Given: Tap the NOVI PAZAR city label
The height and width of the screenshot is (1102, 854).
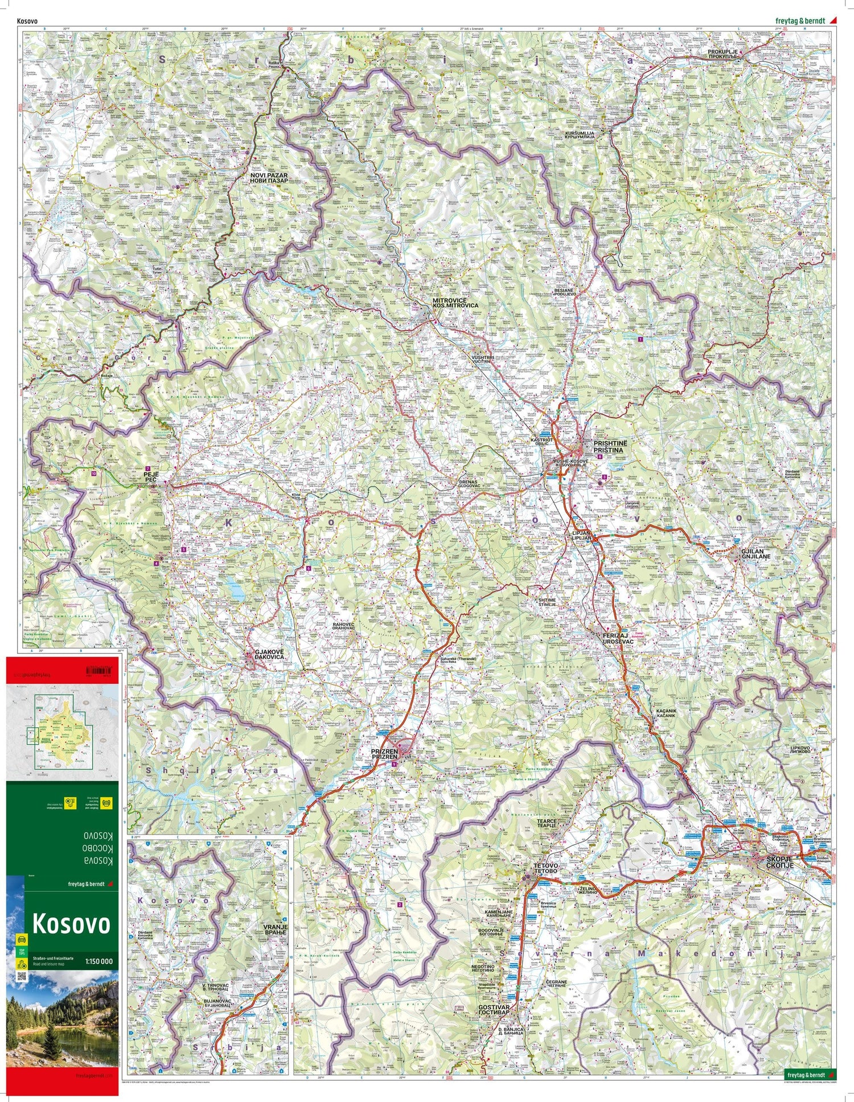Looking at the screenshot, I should [269, 178].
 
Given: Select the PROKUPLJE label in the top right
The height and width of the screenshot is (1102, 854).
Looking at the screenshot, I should [722, 55].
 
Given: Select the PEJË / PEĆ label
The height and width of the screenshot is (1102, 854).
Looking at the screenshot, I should [151, 477].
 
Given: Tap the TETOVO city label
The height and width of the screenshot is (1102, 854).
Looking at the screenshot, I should [545, 868].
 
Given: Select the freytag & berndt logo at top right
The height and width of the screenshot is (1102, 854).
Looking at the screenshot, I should [802, 22].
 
